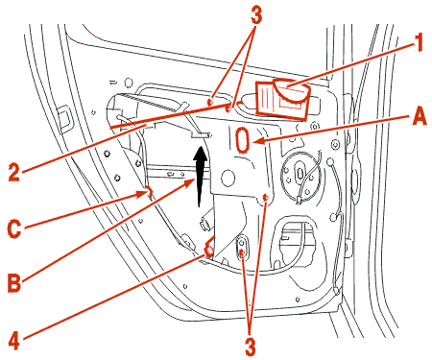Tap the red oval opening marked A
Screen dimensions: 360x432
[243, 139]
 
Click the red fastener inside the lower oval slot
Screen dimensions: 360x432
[242, 253]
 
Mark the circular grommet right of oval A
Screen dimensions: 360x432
[301, 173]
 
